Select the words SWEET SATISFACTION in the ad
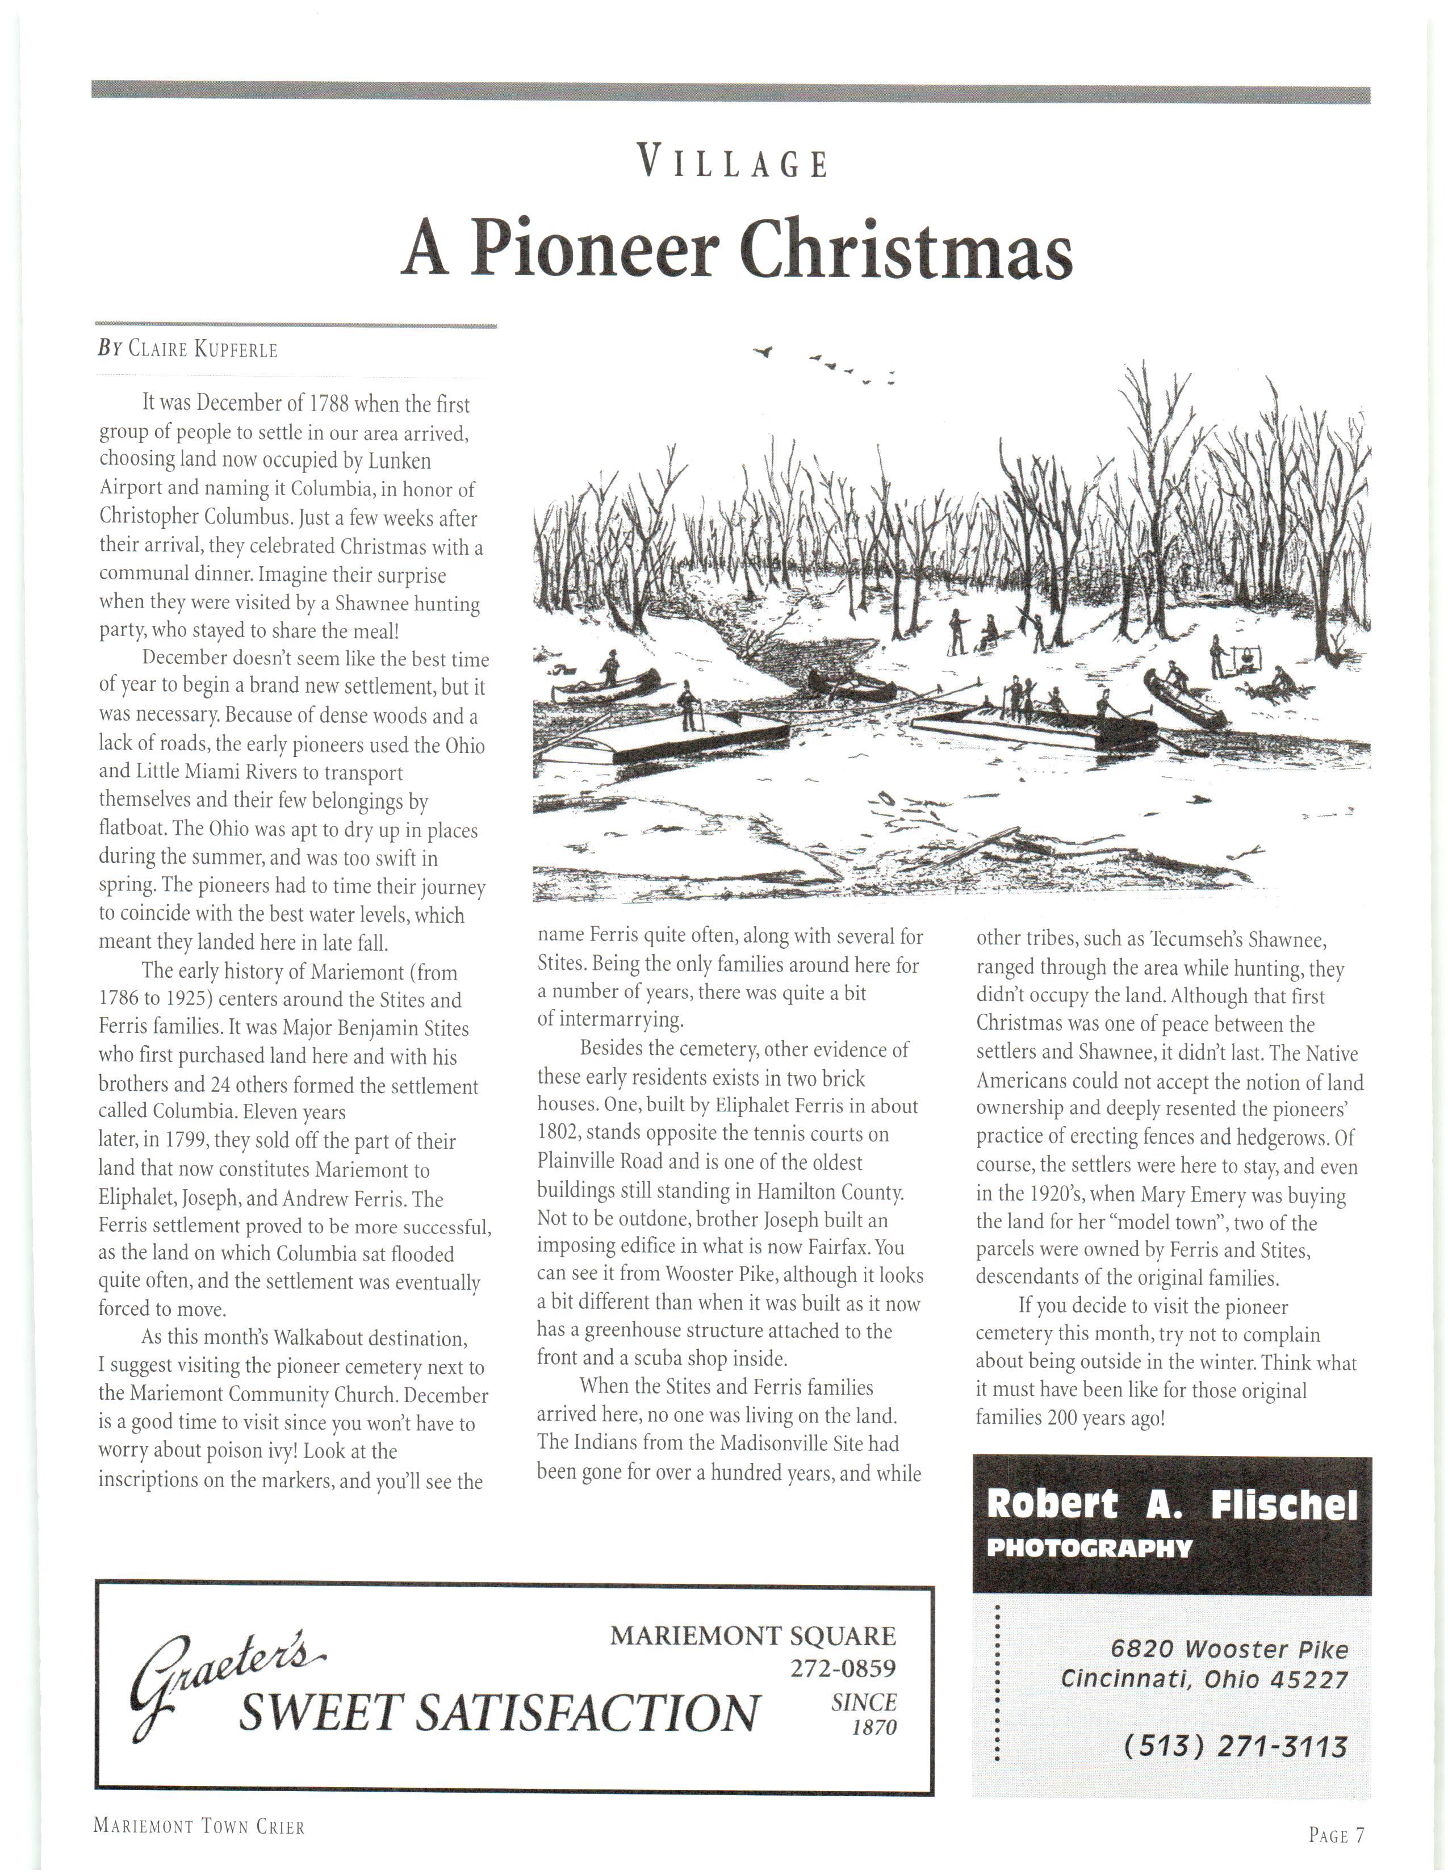pyautogui.click(x=499, y=1713)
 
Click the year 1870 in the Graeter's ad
pyautogui.click(x=873, y=1727)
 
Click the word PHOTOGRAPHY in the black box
pyautogui.click(x=1090, y=1548)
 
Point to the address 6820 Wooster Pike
pyautogui.click(x=1228, y=1649)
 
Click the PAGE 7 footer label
pyautogui.click(x=1336, y=1834)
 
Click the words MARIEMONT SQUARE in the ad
pyautogui.click(x=752, y=1635)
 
